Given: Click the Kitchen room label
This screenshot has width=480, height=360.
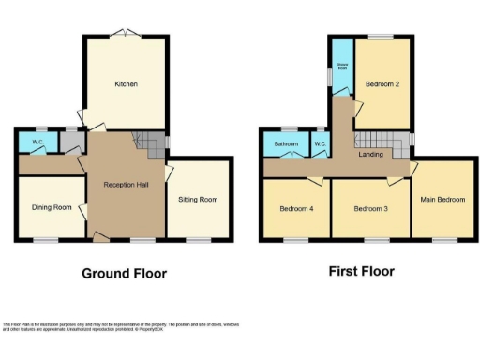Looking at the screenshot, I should pyautogui.click(x=127, y=84).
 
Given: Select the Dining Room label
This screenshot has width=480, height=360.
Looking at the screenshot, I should pyautogui.click(x=52, y=207).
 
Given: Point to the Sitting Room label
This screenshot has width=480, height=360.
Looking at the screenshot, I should pyautogui.click(x=198, y=200).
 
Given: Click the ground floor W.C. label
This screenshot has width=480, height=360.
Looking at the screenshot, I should pyautogui.click(x=37, y=142).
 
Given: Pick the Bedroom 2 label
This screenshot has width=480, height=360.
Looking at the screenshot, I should pyautogui.click(x=382, y=85).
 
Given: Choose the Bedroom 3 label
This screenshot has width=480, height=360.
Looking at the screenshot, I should pyautogui.click(x=370, y=208).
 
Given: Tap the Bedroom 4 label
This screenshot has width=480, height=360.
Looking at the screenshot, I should pyautogui.click(x=296, y=208).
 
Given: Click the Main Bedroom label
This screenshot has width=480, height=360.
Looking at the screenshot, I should pyautogui.click(x=442, y=200).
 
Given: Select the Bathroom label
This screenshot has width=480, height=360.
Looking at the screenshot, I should pyautogui.click(x=286, y=144).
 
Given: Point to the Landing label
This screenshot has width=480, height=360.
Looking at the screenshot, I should pyautogui.click(x=370, y=154).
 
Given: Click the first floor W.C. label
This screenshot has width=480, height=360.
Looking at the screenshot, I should pyautogui.click(x=320, y=144).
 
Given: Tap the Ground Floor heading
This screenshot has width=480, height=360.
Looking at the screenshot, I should pyautogui.click(x=124, y=274).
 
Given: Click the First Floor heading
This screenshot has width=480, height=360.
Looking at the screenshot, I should pyautogui.click(x=361, y=272).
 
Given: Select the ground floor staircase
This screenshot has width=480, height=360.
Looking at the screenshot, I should pyautogui.click(x=148, y=143).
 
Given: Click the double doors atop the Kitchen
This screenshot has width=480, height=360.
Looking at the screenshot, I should pyautogui.click(x=125, y=35).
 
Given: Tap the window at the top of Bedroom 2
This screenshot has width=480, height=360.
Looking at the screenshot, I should pyautogui.click(x=381, y=37).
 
